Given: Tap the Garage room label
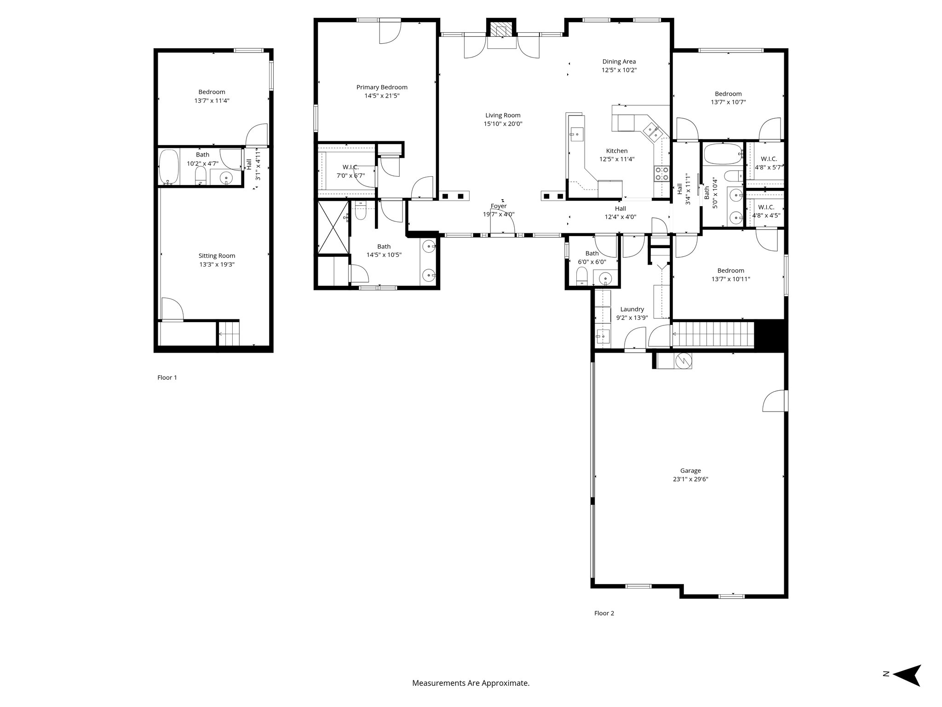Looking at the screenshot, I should click(690, 470).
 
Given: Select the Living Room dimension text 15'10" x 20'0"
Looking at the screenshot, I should click(503, 124).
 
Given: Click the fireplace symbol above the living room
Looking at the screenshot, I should click(501, 30).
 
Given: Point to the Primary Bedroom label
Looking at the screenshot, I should click(382, 87).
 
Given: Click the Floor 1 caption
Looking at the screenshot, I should click(167, 377).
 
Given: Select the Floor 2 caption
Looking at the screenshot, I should click(604, 613).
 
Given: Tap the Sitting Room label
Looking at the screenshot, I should click(217, 255).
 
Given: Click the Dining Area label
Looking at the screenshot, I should click(619, 61).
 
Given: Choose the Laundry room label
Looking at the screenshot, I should click(632, 309).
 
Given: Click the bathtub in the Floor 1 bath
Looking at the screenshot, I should click(168, 167).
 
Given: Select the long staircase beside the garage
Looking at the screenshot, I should click(713, 335).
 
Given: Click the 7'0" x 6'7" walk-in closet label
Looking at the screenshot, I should click(350, 171).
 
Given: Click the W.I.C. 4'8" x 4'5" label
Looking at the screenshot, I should click(766, 211).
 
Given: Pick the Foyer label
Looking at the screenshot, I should click(498, 206).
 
